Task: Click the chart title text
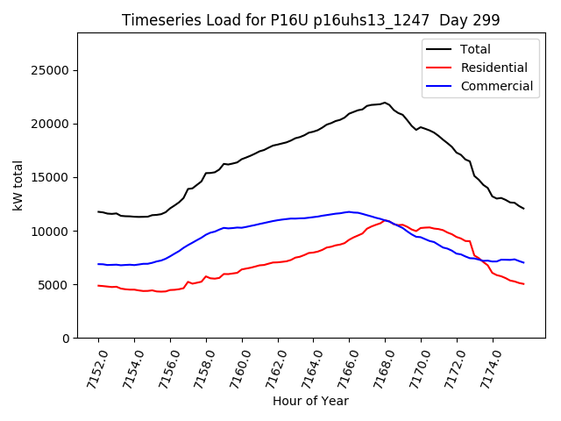coord(310,20)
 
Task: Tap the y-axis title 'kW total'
coord(18,185)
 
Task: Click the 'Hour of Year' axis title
coord(310,401)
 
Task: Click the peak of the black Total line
coord(385,103)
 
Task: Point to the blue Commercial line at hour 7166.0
coord(349,212)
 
